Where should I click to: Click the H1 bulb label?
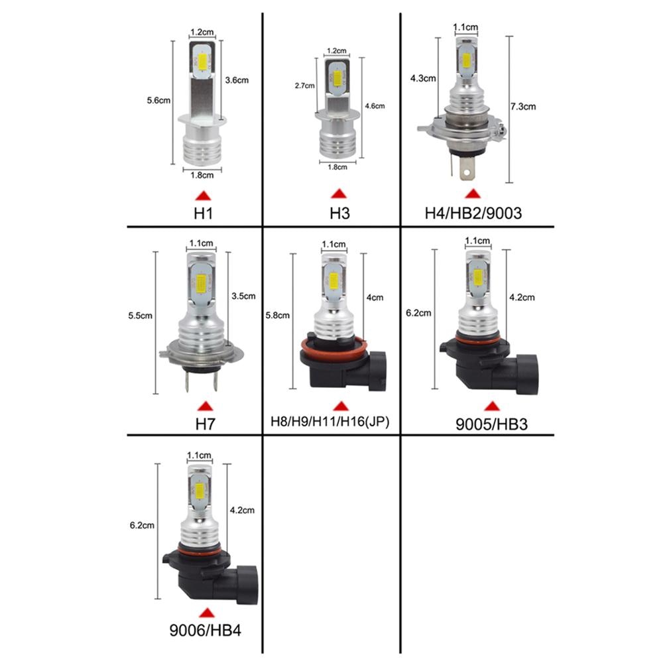click(x=203, y=213)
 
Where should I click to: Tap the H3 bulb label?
click(x=339, y=213)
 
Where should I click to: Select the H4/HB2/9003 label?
click(x=473, y=213)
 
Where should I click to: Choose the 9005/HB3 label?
click(x=491, y=423)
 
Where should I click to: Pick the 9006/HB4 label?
click(x=205, y=627)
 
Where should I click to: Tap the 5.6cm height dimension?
click(x=159, y=101)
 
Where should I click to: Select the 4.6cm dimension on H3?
click(x=375, y=105)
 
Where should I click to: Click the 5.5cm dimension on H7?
click(x=140, y=316)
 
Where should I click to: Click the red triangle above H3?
click(x=339, y=194)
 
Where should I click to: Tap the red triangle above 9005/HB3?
click(x=491, y=405)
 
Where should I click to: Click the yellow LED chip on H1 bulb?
click(x=203, y=64)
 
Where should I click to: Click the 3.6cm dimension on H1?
click(x=237, y=80)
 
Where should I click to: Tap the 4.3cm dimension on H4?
click(x=424, y=78)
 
